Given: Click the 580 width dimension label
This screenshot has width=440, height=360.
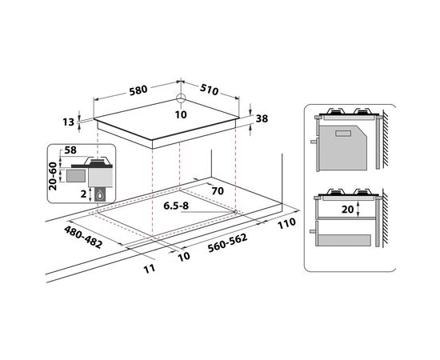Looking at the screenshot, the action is coord(138,90).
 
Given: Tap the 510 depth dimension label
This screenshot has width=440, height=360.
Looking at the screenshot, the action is coord(209,90).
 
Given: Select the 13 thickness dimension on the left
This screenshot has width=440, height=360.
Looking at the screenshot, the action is coord(68,122).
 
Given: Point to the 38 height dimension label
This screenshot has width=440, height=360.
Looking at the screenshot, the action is coord(262,118).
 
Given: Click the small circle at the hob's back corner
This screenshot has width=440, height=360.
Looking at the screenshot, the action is coord(181,98).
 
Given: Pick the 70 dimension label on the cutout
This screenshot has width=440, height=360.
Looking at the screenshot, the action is coord(218,191).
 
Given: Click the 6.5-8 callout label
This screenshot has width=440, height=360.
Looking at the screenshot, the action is coord(176,206).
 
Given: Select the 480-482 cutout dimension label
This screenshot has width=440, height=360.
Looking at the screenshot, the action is coord(83,238).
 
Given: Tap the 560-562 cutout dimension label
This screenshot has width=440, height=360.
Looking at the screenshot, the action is coord(227,243).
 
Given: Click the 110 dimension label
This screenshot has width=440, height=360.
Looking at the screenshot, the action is coord(286,224).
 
